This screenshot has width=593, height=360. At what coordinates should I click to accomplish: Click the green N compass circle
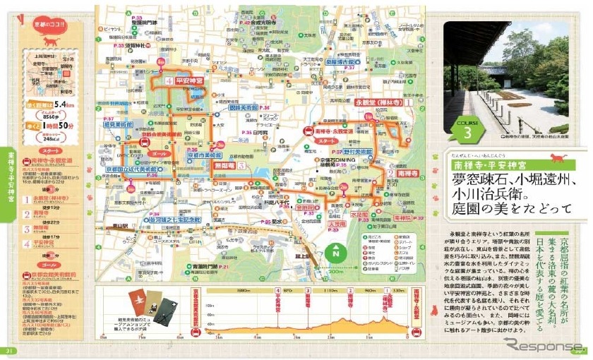coord(336,252)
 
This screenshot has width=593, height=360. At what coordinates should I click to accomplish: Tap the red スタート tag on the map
coord(327,141)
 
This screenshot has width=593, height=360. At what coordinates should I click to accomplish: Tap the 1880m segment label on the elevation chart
coord(244,291)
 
